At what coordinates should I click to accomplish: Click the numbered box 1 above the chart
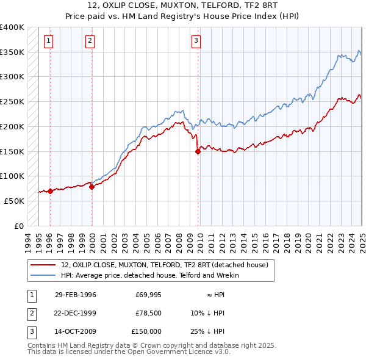[48, 41]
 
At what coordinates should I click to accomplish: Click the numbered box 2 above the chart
[90, 41]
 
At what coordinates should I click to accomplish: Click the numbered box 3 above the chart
[196, 41]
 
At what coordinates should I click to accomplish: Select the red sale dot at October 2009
[198, 152]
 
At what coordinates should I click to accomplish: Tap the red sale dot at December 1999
[92, 187]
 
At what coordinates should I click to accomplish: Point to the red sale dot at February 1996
[50, 191]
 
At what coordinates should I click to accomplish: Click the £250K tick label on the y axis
[12, 101]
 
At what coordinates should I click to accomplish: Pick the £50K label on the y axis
[14, 201]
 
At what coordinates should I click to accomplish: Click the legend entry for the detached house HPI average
[149, 275]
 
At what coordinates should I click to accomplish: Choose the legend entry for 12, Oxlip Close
[165, 265]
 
